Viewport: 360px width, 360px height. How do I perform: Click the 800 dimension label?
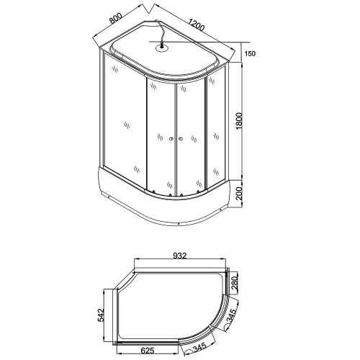click(x=116, y=18)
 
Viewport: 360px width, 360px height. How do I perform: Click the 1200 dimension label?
click(x=197, y=24)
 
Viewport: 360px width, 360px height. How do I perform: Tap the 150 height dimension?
click(x=250, y=53)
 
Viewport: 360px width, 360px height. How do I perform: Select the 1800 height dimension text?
click(x=239, y=121)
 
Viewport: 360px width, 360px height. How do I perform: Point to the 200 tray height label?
click(x=239, y=194)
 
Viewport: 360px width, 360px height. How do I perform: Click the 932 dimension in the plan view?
click(x=180, y=256)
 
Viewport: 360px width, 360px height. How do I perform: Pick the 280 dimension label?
click(x=234, y=283)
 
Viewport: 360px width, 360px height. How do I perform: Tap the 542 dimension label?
click(x=101, y=315)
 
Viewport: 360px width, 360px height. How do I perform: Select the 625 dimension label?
click(x=147, y=351)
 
